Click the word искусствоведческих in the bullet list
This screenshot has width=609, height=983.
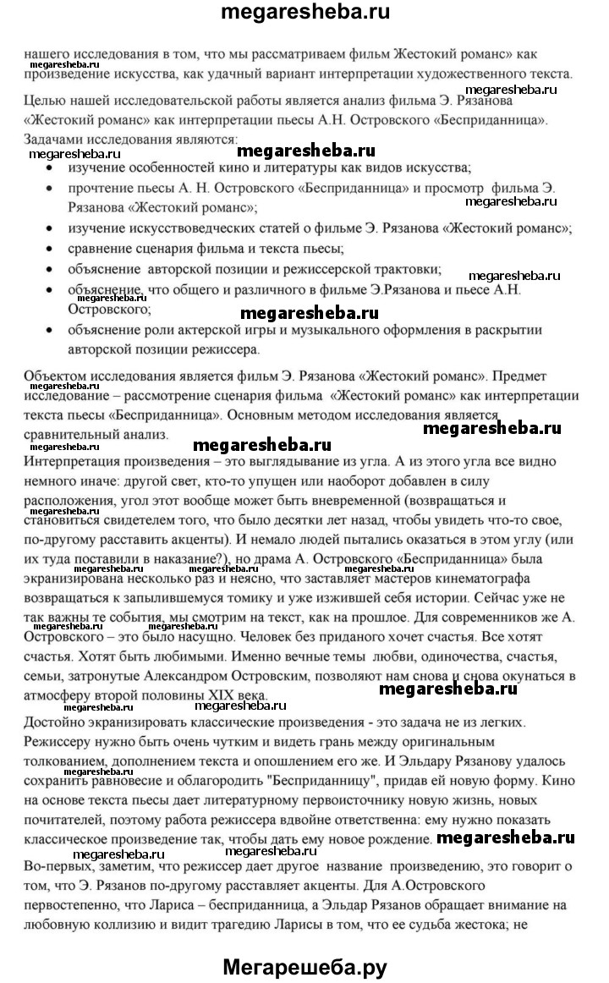190,228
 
